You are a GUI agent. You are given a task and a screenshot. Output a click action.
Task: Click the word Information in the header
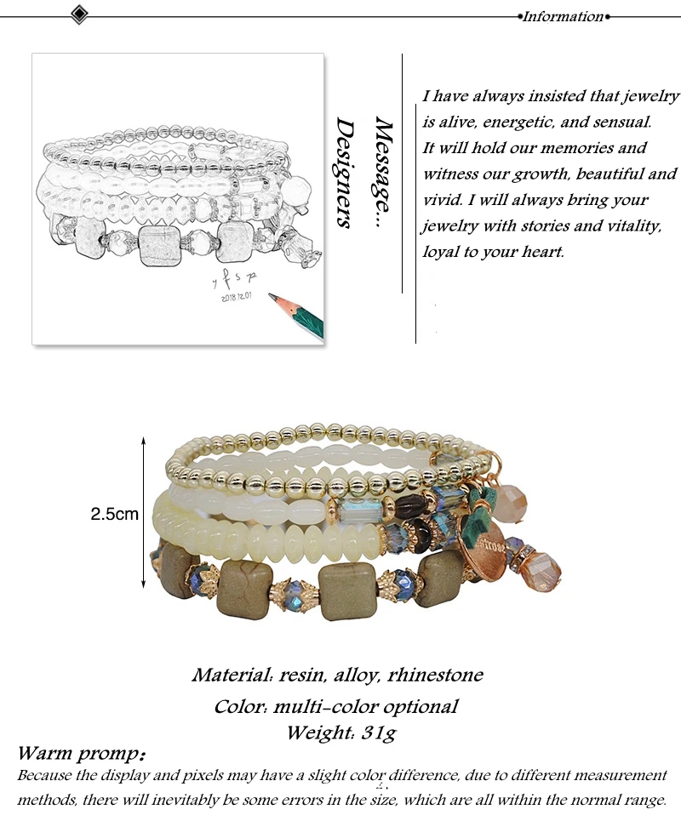click(x=563, y=16)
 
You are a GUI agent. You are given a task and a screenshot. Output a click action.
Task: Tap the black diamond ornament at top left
click(x=79, y=14)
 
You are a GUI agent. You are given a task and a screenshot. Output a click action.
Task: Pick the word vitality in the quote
click(x=627, y=225)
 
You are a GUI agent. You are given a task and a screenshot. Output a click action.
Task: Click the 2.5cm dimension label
click(x=115, y=514)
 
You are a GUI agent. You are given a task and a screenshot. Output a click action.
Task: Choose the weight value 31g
click(x=377, y=732)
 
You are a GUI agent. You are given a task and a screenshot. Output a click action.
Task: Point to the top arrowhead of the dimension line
click(x=143, y=443)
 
